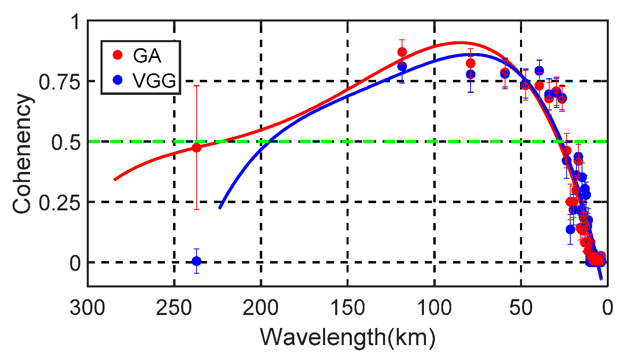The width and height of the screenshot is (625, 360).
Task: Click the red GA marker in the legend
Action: point(118,55)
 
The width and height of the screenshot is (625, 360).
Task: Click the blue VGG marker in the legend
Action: point(118,80)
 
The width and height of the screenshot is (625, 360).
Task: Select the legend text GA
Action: point(147,56)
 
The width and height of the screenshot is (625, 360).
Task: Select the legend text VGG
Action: point(154,81)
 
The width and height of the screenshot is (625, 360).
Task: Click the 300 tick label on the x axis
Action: point(88,308)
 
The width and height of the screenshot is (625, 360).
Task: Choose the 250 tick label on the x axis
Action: point(174,308)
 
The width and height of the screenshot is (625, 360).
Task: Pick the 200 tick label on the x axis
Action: point(261,308)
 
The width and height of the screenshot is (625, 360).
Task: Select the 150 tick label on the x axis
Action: point(348,308)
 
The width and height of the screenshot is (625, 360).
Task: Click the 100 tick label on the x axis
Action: point(435,308)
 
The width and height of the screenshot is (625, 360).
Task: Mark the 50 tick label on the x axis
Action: point(521,308)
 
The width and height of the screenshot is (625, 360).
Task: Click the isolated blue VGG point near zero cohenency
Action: point(196,261)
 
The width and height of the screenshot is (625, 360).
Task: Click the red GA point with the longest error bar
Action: point(196,148)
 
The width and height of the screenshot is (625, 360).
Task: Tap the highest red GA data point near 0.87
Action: point(402,52)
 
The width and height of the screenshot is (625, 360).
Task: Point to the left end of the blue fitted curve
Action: point(220,208)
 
